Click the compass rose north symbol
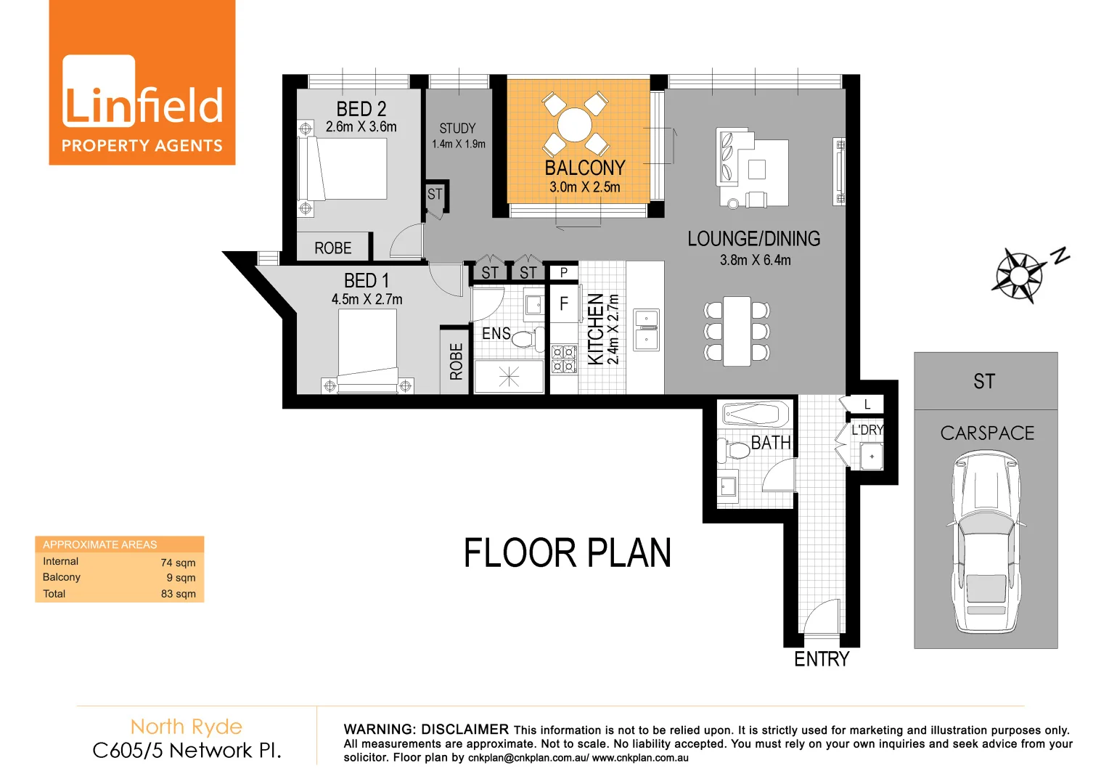[x=1020, y=275]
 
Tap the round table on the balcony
[x=575, y=124]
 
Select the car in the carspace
[x=986, y=541]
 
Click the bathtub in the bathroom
[x=756, y=415]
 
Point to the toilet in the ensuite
[x=527, y=338]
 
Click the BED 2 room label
[x=361, y=109]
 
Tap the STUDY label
[x=457, y=128]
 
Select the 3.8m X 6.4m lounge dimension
[x=755, y=260]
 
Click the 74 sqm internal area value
[x=178, y=563]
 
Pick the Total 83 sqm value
[x=178, y=594]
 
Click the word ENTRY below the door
[x=821, y=659]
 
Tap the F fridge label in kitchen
[x=564, y=304]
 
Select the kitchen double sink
[x=646, y=330]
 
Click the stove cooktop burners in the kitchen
[x=563, y=359]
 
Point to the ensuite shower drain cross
[x=509, y=376]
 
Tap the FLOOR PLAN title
[x=567, y=553]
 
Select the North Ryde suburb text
[x=186, y=727]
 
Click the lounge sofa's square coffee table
[x=757, y=169]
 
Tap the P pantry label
[x=564, y=273]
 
